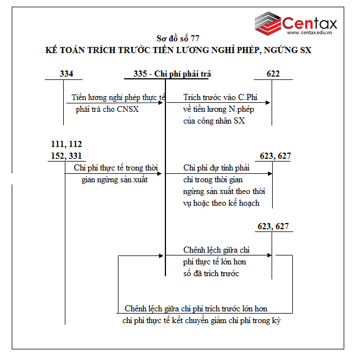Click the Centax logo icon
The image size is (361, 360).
point(267,23)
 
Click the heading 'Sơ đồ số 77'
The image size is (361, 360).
point(177,39)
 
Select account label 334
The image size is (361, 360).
point(66,74)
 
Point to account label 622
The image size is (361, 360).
point(273,74)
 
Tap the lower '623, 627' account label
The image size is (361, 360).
point(274,226)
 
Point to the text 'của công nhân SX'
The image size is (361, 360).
point(214,121)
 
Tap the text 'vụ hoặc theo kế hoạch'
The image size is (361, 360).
point(221,203)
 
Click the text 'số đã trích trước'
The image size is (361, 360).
point(211,273)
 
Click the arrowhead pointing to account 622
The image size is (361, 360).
point(269,103)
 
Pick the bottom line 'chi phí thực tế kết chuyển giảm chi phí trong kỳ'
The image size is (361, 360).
point(201,320)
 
